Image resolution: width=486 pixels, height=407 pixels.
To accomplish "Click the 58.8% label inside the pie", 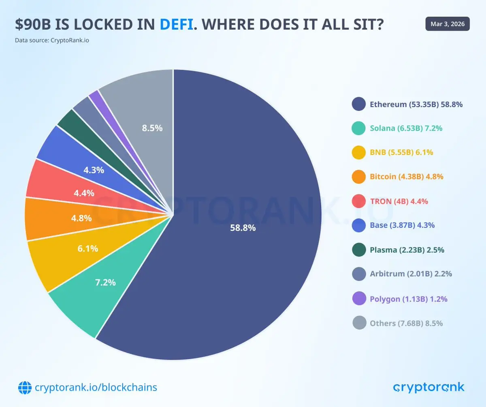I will (243, 228).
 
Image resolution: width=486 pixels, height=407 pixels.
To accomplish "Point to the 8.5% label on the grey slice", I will (152, 128).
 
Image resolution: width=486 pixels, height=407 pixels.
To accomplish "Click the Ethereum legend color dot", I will (358, 104).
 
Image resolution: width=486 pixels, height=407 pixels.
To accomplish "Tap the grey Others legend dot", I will (358, 323).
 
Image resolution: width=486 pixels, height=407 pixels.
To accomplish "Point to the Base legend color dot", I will (358, 225).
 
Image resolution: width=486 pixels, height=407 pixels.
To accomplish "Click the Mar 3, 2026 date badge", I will (448, 24).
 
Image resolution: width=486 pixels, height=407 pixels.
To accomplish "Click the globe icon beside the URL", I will (25, 388).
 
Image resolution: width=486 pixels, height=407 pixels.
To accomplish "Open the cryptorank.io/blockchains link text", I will (96, 388).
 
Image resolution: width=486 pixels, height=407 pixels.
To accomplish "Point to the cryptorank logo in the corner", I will (428, 387).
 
